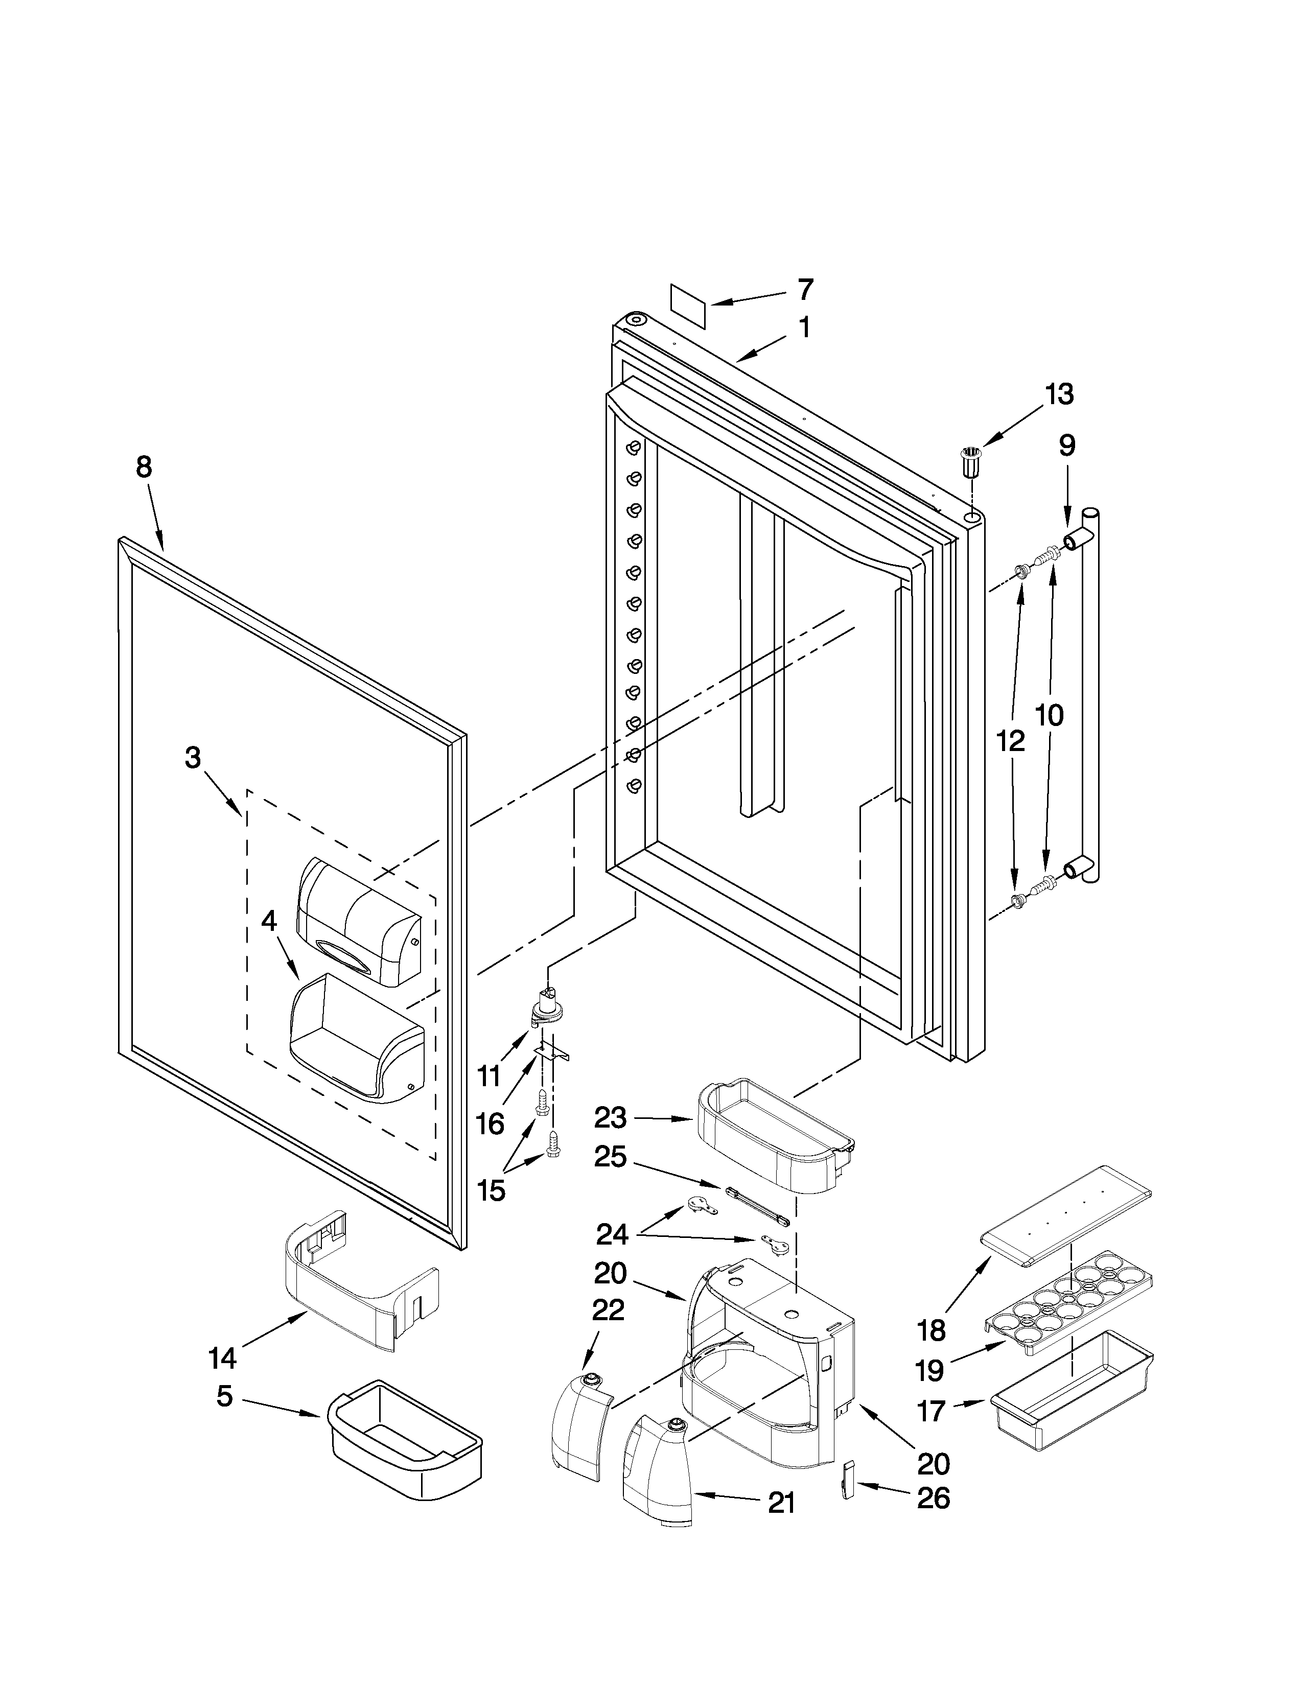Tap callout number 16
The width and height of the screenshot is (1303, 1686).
pyautogui.click(x=490, y=1124)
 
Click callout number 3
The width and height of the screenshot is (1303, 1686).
pyautogui.click(x=193, y=757)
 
